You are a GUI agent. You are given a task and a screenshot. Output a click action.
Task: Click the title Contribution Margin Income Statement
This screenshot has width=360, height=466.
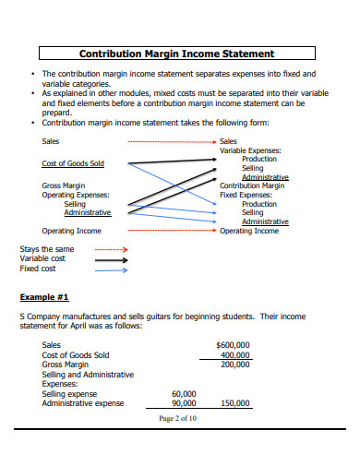[x=177, y=54]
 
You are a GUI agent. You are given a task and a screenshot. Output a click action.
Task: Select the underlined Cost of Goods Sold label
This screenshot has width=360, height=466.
[x=73, y=163]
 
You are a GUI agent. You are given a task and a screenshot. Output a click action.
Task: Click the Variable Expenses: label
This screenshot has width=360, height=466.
[x=250, y=150]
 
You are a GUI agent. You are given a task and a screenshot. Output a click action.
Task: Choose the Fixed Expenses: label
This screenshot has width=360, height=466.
[x=245, y=195]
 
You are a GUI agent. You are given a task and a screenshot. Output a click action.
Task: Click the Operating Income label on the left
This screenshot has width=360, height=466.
[x=72, y=231]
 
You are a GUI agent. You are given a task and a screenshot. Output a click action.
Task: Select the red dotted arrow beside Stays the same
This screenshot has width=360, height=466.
[x=112, y=249]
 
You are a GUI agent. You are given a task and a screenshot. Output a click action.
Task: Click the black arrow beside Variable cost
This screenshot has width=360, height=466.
[x=112, y=259]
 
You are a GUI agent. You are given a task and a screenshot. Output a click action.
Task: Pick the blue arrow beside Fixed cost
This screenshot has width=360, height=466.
[x=112, y=269]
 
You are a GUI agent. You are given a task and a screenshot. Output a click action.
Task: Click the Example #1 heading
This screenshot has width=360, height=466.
[x=44, y=297]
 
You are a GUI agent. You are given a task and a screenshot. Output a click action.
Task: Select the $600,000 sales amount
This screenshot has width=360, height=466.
[x=233, y=344]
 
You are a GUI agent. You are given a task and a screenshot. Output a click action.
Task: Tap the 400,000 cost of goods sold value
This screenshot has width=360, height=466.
[x=235, y=354]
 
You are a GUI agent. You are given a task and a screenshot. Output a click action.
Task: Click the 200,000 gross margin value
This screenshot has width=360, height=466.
[x=235, y=364]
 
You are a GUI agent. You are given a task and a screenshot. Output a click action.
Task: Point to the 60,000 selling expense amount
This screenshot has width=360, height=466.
[x=185, y=393]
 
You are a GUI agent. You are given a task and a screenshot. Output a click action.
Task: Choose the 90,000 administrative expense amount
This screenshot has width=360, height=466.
[x=185, y=403]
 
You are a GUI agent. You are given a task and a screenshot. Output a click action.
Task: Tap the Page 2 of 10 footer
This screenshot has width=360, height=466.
[x=178, y=418]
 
